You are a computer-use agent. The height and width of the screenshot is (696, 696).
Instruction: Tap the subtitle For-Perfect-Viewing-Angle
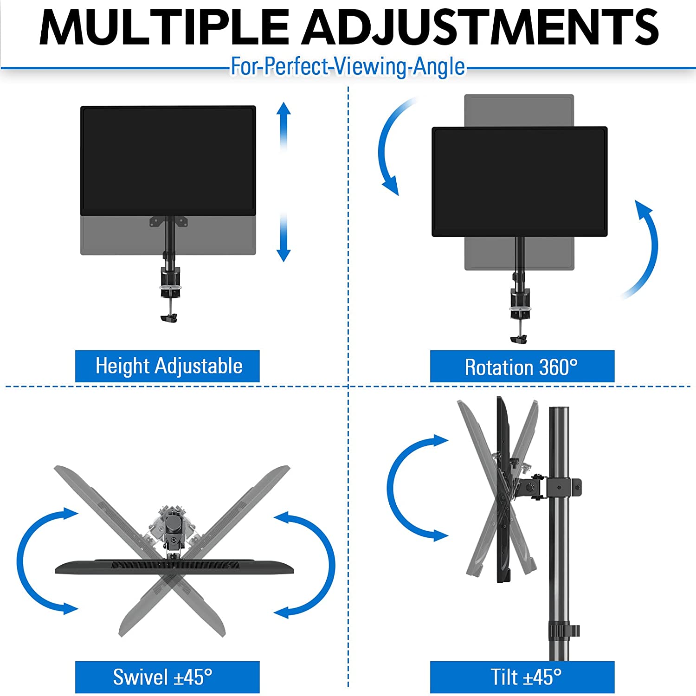(x=348, y=66)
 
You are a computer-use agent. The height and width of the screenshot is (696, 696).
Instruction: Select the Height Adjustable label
(x=168, y=366)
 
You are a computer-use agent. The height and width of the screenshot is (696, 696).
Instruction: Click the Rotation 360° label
(x=522, y=367)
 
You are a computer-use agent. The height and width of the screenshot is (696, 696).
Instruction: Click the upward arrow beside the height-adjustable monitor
(x=284, y=125)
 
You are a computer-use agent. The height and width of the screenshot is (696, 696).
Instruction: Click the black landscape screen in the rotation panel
(x=519, y=181)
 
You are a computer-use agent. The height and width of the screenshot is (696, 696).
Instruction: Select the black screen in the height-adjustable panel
(x=168, y=160)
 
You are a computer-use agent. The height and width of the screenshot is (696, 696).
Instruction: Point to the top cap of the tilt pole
(x=559, y=411)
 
